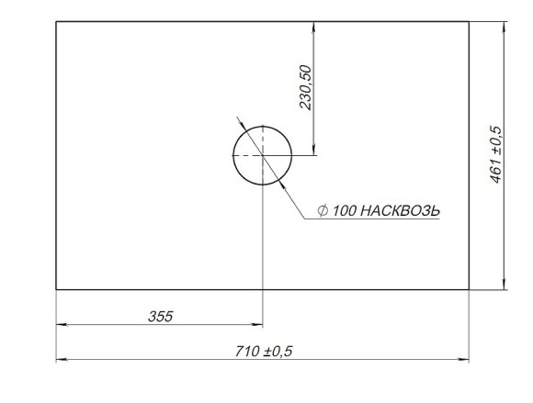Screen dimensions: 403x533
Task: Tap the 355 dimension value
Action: pos(161,316)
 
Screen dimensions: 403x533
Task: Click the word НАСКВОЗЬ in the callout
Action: pos(400,211)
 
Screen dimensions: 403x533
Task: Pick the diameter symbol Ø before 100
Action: pos(323,211)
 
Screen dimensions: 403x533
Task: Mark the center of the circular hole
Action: pos(263,155)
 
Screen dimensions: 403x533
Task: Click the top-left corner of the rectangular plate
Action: pos(56,22)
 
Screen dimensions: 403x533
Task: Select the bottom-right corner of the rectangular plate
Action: pos(469,289)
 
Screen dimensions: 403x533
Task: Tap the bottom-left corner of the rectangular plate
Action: pos(56,289)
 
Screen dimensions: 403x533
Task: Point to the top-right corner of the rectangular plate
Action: pos(469,22)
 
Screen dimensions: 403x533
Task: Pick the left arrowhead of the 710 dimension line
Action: pos(62,360)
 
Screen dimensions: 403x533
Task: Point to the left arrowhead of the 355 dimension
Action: pos(62,325)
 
